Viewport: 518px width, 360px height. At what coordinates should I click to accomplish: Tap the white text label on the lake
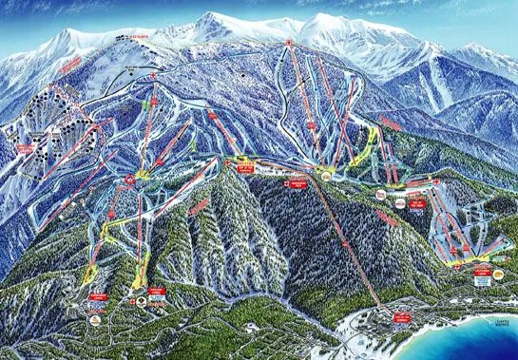[x=495, y=349]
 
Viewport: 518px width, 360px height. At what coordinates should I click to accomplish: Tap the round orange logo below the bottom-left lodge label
[x=96, y=320]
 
